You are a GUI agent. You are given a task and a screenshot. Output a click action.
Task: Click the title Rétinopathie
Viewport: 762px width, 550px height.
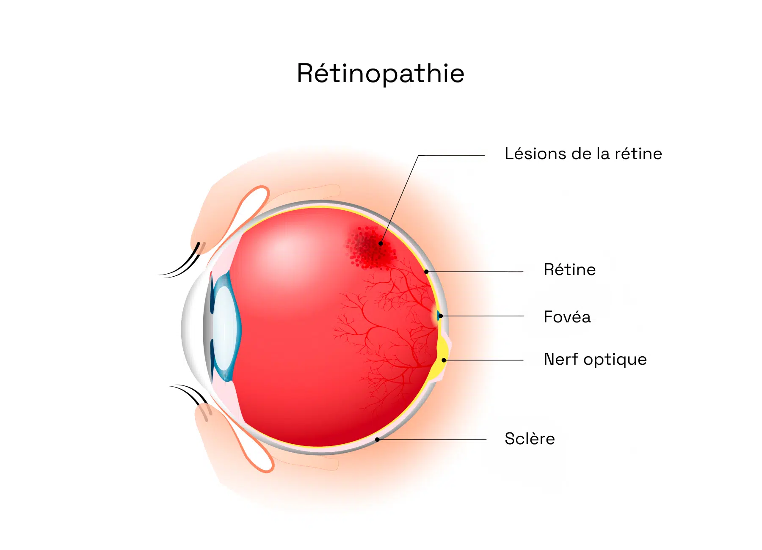pyautogui.click(x=381, y=73)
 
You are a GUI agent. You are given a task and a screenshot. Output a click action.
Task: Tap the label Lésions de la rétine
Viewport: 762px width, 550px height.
pyautogui.click(x=583, y=154)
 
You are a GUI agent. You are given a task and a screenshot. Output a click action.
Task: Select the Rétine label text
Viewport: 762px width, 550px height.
pyautogui.click(x=570, y=269)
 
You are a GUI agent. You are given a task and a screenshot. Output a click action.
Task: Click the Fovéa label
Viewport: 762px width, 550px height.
pyautogui.click(x=567, y=316)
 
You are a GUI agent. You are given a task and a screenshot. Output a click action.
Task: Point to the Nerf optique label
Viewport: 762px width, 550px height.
pyautogui.click(x=595, y=359)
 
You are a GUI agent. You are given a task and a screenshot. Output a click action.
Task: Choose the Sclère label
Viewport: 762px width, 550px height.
pyautogui.click(x=530, y=439)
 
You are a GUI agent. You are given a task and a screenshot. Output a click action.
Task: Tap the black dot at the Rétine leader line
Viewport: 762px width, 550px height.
pyautogui.click(x=427, y=272)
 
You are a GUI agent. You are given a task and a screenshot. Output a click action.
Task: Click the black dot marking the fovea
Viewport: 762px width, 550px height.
pyautogui.click(x=441, y=316)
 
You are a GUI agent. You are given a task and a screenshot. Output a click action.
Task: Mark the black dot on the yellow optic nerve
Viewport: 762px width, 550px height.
pyautogui.click(x=444, y=360)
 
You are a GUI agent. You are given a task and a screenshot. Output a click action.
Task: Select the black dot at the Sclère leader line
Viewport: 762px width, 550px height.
pyautogui.click(x=377, y=440)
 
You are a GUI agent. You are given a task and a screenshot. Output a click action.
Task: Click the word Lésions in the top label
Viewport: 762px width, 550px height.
pyautogui.click(x=536, y=154)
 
